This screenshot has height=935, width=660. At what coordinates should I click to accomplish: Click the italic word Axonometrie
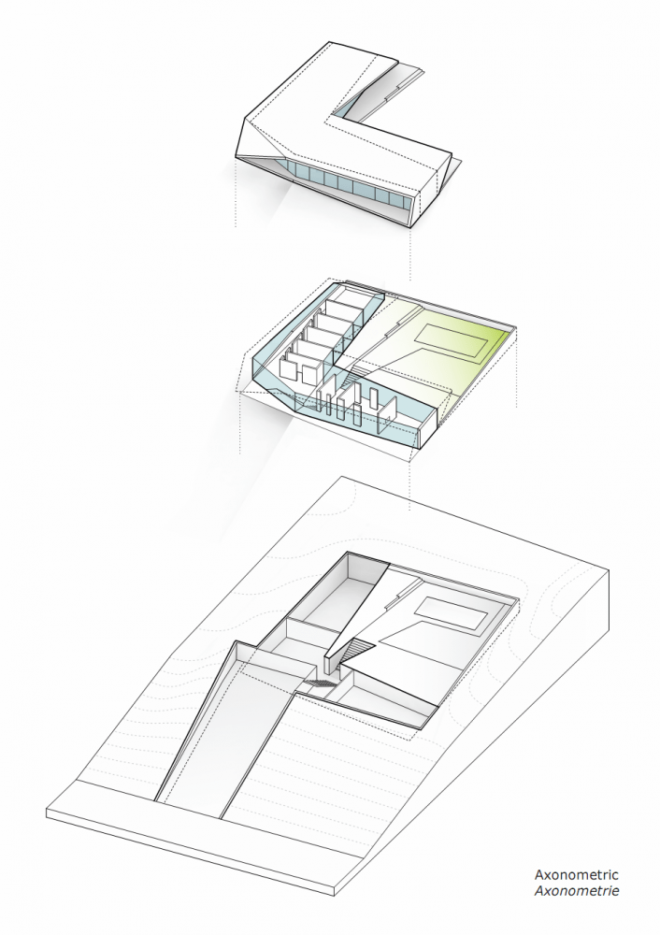pyautogui.click(x=576, y=890)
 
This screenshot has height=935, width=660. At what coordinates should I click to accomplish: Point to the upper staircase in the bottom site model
pyautogui.click(x=356, y=651)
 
